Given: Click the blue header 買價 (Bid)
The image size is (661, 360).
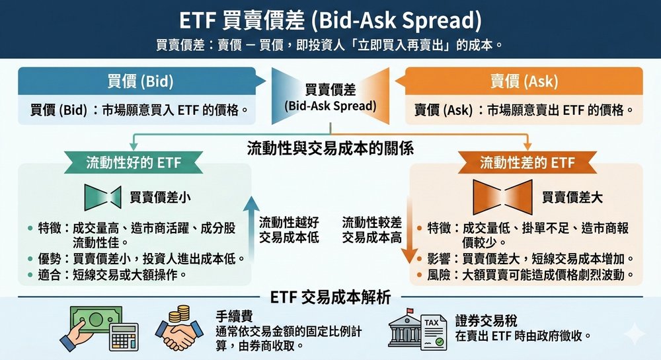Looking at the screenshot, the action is tap(140, 81).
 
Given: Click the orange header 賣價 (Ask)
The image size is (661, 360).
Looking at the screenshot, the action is tap(524, 81).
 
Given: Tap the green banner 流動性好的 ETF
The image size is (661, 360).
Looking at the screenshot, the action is tap(134, 162).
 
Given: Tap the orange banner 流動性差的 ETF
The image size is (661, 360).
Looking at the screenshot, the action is tap(527, 162).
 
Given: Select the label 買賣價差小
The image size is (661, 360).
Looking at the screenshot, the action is tap(160, 198).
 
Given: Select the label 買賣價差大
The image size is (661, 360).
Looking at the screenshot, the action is tap(572, 198).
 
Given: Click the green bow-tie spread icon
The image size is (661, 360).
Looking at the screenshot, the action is tap(103, 198).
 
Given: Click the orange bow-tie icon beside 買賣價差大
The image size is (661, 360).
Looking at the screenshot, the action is tap(502, 197).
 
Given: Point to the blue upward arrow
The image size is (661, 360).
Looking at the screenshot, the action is tap(252, 229).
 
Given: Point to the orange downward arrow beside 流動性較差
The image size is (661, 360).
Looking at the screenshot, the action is tap(409, 230).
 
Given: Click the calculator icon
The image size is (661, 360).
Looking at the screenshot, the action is tap(124, 337).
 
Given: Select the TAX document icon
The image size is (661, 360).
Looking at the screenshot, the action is tap(434, 333).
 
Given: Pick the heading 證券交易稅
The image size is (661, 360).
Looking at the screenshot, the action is tap(486, 321).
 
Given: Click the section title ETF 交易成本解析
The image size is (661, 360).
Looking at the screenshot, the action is tap(330, 297).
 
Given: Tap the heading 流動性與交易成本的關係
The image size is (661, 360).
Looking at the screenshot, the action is tap(330, 148).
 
